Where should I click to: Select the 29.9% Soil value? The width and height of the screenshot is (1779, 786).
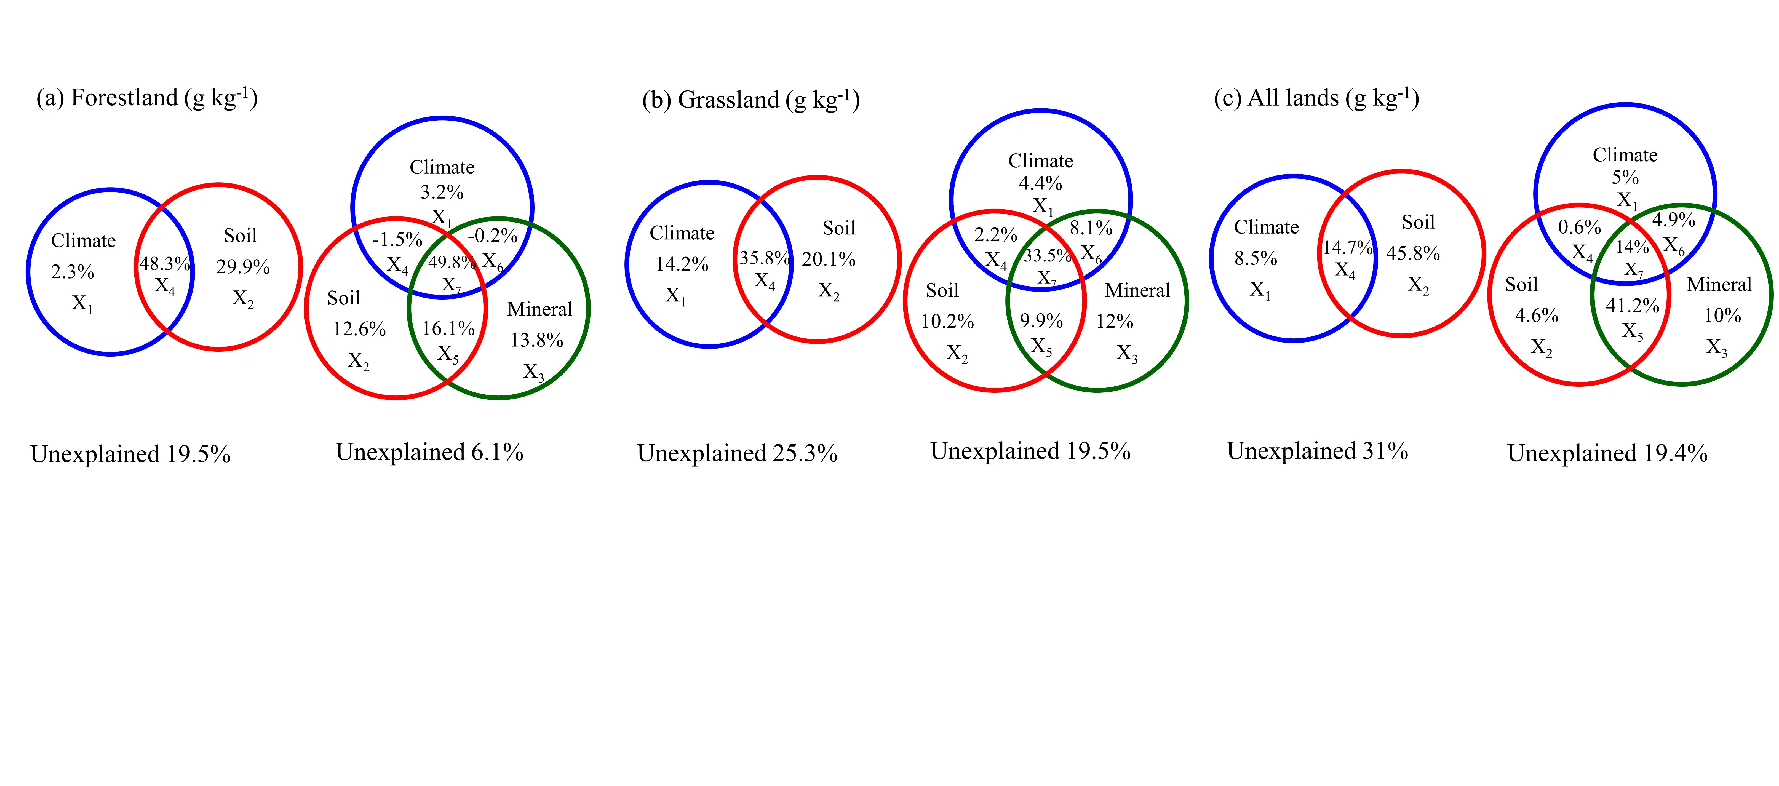click(x=242, y=267)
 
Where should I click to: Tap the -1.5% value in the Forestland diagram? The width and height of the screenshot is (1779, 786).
click(x=397, y=240)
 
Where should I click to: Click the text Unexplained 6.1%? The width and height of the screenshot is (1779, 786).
click(x=429, y=452)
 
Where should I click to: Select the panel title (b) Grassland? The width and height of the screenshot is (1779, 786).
click(x=751, y=100)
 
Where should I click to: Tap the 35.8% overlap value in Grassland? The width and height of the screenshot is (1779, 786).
click(x=765, y=258)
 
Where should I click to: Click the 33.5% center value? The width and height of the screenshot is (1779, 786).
click(x=1047, y=256)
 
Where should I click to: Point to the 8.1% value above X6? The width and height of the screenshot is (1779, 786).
click(x=1091, y=228)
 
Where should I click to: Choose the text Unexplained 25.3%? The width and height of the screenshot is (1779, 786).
click(x=737, y=454)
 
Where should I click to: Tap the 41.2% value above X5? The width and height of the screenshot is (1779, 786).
click(x=1632, y=305)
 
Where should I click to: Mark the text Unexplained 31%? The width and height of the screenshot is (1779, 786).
click(x=1317, y=451)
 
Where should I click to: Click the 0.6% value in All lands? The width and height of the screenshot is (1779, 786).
click(x=1579, y=227)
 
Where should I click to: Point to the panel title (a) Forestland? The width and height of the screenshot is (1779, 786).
click(x=146, y=98)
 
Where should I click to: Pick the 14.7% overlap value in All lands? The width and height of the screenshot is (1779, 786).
click(x=1347, y=247)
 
